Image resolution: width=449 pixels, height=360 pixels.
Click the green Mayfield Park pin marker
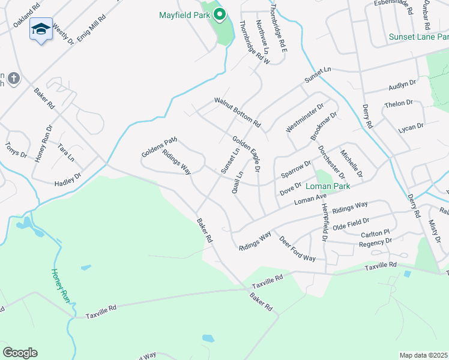point(220,14)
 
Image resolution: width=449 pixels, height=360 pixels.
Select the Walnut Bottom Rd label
point(238,112)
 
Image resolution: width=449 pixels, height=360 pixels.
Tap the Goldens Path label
point(159,147)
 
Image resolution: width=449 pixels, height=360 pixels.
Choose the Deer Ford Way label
point(297,248)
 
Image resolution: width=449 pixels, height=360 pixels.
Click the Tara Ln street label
point(65,152)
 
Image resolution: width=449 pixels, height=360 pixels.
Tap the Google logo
point(20,353)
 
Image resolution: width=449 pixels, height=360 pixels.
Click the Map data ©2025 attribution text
point(423,355)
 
